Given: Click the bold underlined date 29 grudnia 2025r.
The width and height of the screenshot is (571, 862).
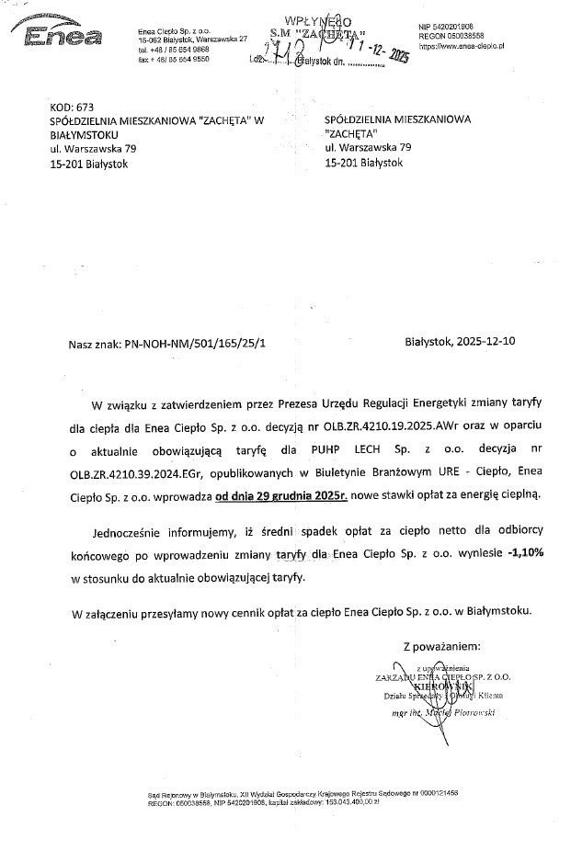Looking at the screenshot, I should (279, 494).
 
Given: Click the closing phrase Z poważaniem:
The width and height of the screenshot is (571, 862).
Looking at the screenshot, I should (448, 645).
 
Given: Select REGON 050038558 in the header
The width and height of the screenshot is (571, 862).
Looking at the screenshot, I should (457, 35).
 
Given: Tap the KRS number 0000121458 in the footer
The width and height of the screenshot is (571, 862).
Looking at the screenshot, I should (438, 792).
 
